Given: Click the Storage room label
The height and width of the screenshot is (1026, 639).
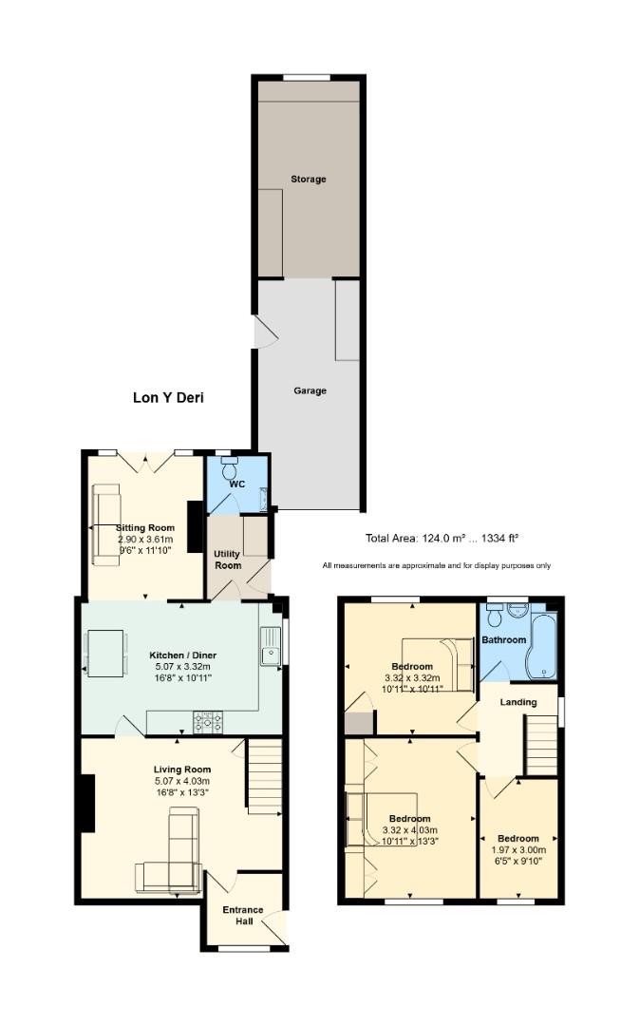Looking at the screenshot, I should (x=308, y=179).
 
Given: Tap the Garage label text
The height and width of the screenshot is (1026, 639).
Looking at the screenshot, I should (x=310, y=390).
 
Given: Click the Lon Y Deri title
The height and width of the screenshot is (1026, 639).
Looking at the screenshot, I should (x=168, y=398).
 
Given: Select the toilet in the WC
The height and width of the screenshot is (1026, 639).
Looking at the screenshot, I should (x=229, y=468).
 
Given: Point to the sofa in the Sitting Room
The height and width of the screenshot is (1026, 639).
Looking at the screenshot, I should (x=104, y=525).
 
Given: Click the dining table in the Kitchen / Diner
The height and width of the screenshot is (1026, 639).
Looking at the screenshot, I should (x=105, y=654).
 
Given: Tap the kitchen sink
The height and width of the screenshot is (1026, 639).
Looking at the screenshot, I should (x=270, y=646).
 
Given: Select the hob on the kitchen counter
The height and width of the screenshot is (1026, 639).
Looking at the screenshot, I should (x=208, y=723).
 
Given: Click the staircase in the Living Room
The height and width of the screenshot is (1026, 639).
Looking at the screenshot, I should (x=264, y=777).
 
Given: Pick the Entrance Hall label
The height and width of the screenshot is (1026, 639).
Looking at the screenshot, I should (x=243, y=915).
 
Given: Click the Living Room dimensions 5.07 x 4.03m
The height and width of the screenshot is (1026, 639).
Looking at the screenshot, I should (x=181, y=781).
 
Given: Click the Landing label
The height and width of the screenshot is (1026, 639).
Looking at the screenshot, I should (x=518, y=702).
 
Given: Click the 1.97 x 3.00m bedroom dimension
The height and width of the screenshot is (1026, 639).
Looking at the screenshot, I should (x=518, y=850).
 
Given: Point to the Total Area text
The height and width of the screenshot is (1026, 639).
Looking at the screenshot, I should (x=442, y=539).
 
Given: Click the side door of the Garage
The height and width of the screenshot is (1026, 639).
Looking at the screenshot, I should (x=262, y=332).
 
